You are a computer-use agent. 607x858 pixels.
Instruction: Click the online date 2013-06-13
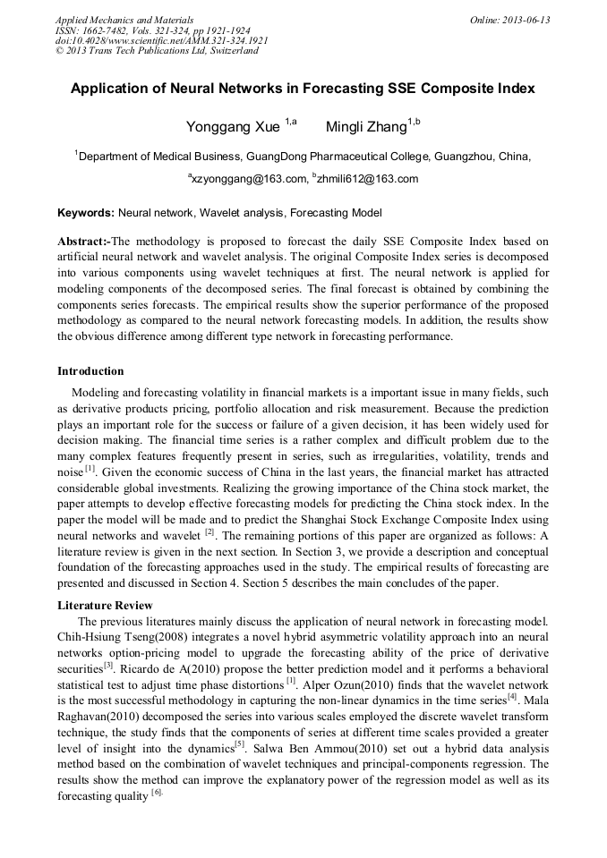click(525, 20)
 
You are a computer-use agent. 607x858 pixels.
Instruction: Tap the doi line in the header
click(161, 40)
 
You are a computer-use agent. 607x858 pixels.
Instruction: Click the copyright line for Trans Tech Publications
click(157, 51)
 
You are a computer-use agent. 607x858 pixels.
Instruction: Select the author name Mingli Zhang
click(365, 127)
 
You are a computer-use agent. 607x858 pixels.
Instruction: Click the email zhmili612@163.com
click(367, 179)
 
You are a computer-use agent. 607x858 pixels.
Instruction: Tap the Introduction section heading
click(90, 371)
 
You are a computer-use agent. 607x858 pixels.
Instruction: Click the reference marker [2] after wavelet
click(209, 531)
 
